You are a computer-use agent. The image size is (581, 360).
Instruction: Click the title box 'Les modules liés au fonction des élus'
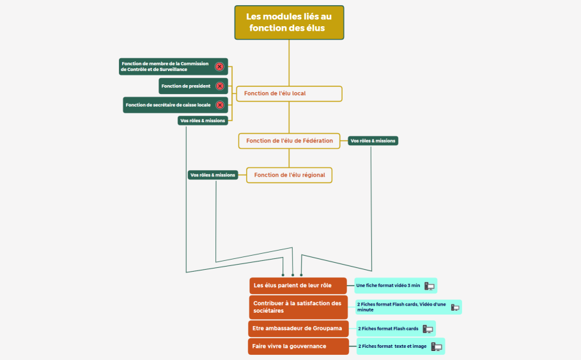289,22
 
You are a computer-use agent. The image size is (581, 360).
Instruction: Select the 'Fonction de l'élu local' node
289,93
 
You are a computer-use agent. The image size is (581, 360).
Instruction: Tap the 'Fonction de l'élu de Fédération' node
289,141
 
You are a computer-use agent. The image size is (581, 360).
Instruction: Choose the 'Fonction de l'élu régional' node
289,175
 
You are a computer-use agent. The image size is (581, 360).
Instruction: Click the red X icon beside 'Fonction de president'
220,86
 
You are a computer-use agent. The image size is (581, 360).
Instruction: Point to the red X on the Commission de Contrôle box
219,67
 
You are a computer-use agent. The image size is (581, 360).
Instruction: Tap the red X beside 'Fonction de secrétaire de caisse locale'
220,105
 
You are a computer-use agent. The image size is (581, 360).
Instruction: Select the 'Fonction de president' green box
193,86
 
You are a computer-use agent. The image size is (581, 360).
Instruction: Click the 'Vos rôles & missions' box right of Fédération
373,141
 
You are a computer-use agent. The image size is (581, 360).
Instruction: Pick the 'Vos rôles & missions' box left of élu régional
213,175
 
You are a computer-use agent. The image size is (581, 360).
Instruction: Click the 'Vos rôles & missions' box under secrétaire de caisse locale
203,120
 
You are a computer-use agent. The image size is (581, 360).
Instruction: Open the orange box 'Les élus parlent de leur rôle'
298,285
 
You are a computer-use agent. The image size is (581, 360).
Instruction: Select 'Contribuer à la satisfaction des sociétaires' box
298,307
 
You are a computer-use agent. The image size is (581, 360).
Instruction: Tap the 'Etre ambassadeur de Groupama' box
298,329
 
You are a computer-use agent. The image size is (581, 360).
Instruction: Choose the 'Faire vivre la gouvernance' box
298,347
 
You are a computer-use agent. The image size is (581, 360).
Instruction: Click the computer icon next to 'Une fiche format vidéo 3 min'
429,286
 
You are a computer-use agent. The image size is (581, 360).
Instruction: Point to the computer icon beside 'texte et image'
437,347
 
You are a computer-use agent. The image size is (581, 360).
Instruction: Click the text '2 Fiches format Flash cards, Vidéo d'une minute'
401,307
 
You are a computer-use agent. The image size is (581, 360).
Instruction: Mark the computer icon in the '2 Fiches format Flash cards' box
428,329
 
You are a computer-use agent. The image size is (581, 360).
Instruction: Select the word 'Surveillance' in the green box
173,69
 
